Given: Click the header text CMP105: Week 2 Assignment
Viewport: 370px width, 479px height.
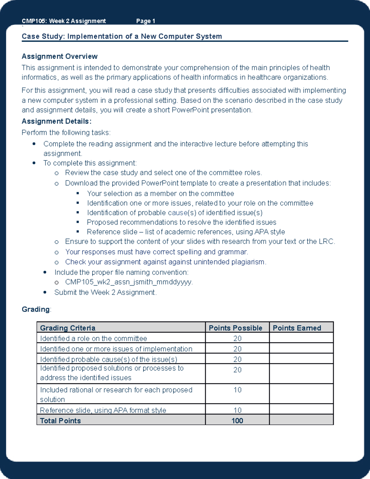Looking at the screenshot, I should click(64, 21).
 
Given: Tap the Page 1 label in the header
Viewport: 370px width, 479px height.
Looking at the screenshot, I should click(146, 21).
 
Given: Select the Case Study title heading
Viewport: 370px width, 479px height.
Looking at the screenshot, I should click(122, 36).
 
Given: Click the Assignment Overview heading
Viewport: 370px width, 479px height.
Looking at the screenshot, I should click(60, 56).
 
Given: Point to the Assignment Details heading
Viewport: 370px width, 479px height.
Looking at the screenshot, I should click(56, 121).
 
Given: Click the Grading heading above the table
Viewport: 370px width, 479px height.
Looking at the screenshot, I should click(35, 309).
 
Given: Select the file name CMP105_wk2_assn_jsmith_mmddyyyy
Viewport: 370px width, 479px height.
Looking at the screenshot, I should click(129, 282).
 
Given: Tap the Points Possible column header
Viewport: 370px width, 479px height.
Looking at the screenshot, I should click(236, 328).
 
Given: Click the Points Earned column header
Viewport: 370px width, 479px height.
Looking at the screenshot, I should click(297, 328).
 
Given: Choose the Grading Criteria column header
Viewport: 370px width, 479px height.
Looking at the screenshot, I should click(68, 328).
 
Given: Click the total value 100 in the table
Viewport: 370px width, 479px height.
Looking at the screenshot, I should click(237, 421).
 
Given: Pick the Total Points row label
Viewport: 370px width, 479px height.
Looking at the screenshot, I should click(60, 421).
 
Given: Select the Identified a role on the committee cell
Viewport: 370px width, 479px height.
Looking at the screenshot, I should click(93, 338).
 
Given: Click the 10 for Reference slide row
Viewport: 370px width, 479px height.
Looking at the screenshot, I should click(237, 410).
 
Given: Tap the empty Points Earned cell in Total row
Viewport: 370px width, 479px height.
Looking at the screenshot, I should click(301, 420).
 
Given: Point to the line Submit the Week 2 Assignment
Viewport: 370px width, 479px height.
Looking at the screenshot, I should click(105, 292).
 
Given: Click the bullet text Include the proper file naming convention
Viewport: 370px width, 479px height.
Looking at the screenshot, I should click(121, 272).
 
